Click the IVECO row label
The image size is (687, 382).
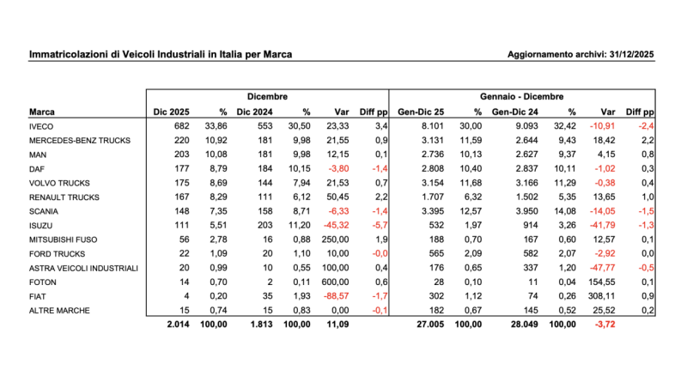point(40,126)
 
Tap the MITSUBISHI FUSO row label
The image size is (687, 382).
point(61,239)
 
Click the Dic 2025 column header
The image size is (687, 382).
point(171,112)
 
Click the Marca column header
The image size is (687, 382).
point(42,112)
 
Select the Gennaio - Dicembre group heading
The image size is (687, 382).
point(521,97)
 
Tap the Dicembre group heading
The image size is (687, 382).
point(267,97)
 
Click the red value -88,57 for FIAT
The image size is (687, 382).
point(338,294)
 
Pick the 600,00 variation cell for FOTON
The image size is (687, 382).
point(338,281)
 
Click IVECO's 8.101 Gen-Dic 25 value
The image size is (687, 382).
point(432,126)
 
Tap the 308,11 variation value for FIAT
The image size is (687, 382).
point(605,294)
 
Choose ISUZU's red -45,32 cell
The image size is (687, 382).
point(338,223)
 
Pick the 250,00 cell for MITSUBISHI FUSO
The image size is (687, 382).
point(338,239)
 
